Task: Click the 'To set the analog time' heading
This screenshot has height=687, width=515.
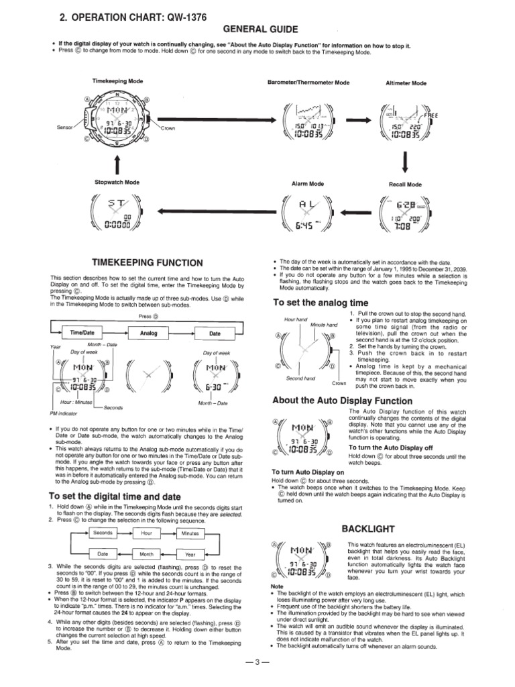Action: (321, 303)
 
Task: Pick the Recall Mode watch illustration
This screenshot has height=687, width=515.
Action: (405, 214)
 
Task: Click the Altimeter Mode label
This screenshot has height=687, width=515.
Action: (406, 83)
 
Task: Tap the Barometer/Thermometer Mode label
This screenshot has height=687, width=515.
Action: (308, 83)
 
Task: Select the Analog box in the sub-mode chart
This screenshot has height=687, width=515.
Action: (148, 332)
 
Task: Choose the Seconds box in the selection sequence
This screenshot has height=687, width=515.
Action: (103, 533)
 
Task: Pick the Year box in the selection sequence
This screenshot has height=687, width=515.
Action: (190, 554)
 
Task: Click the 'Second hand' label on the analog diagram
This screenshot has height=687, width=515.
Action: (300, 378)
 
